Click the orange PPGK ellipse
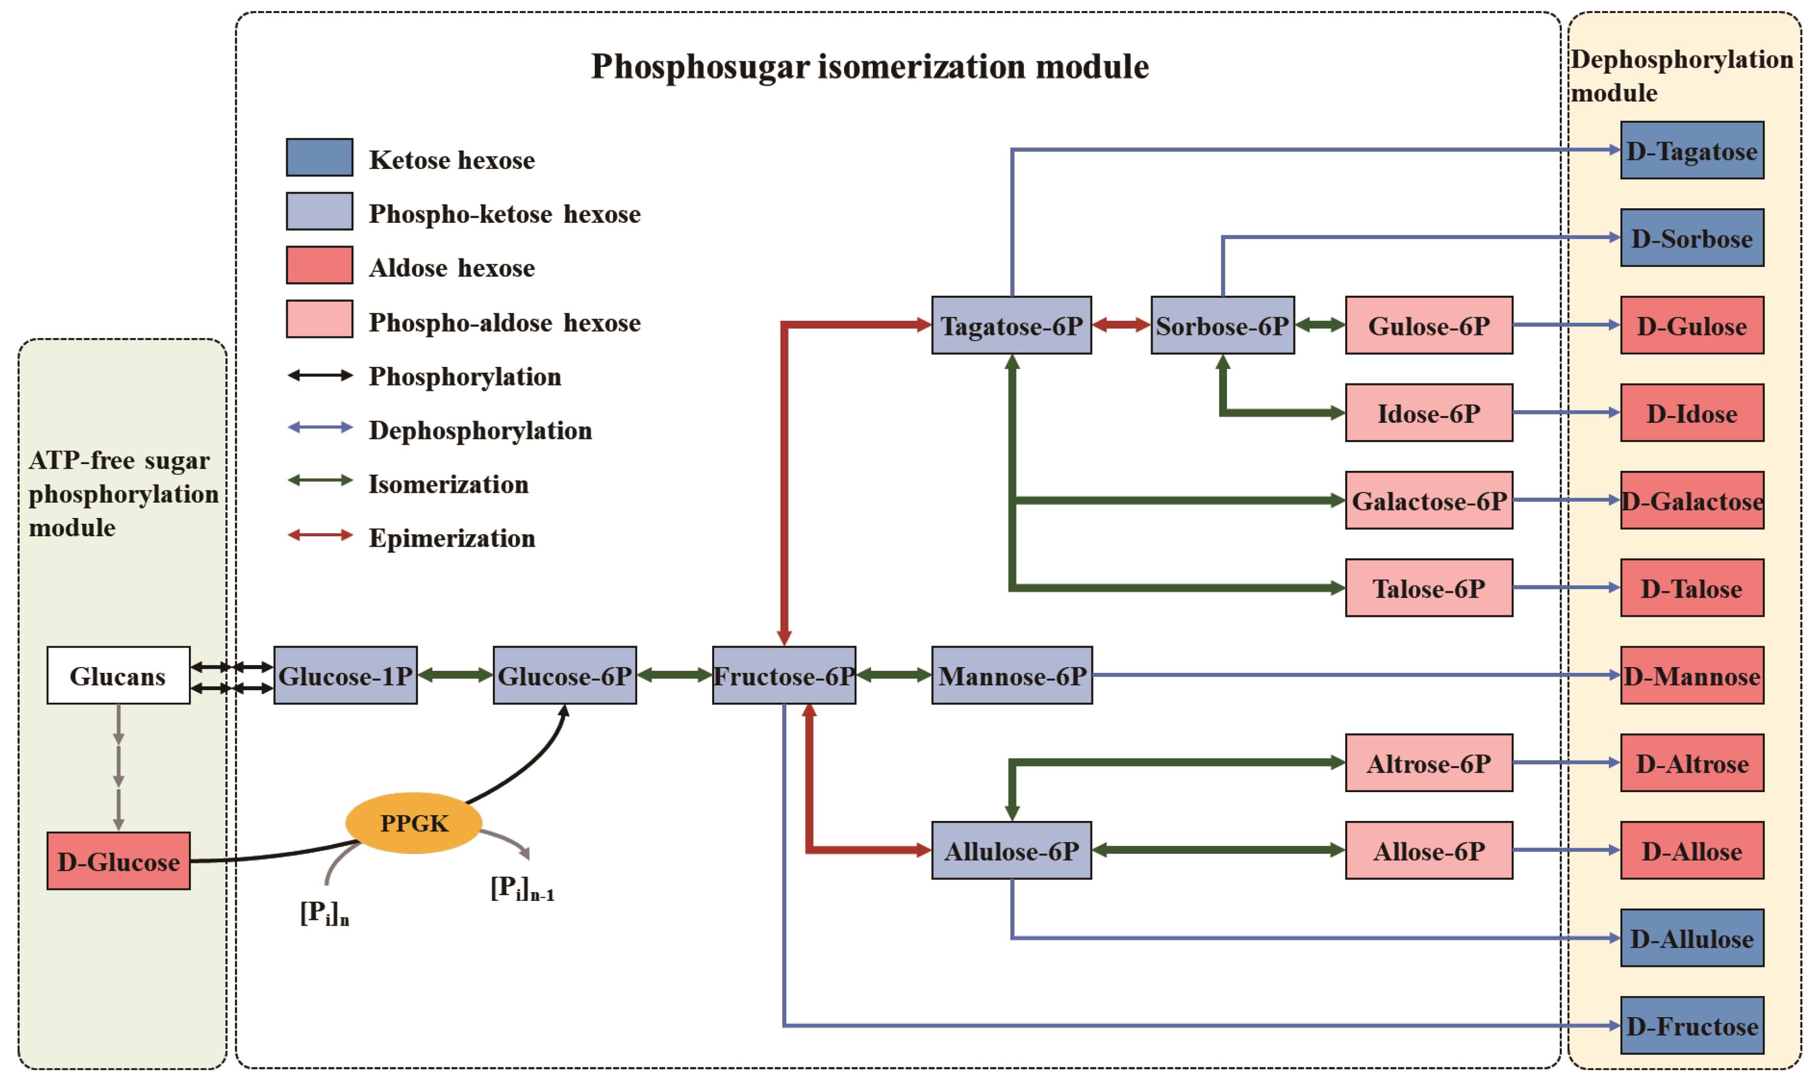[x=413, y=822]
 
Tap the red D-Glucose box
[x=118, y=861]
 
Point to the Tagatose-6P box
[x=1011, y=325]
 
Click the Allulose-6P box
[x=1011, y=850]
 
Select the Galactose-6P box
[x=1429, y=500]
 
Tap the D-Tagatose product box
[x=1692, y=150]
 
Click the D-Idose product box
[x=1692, y=413]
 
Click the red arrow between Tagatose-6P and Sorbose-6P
[x=1121, y=325]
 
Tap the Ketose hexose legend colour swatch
[x=319, y=157]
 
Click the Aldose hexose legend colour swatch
[x=319, y=265]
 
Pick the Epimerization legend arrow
[x=320, y=535]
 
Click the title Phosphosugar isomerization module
[x=869, y=66]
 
